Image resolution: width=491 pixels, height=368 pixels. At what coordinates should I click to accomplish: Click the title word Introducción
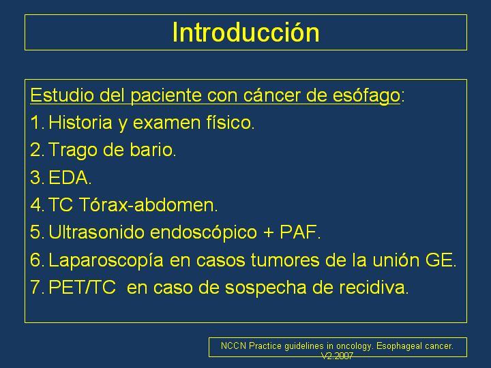(245, 32)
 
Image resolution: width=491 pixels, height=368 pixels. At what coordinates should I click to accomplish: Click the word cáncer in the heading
(272, 95)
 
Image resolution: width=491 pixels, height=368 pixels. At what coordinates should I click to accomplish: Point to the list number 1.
(35, 123)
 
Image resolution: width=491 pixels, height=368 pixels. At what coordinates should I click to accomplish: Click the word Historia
(80, 123)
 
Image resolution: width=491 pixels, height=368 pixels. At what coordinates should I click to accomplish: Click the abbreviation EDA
(70, 177)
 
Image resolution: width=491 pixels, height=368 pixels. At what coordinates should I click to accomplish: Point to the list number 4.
(36, 204)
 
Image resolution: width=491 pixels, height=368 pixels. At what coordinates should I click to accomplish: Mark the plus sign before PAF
(269, 233)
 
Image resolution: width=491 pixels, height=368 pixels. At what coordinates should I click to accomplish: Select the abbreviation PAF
(299, 232)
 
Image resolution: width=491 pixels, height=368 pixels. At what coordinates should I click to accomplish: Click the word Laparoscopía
(106, 260)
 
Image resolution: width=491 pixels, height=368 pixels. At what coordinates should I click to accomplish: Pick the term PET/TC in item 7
(82, 288)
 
